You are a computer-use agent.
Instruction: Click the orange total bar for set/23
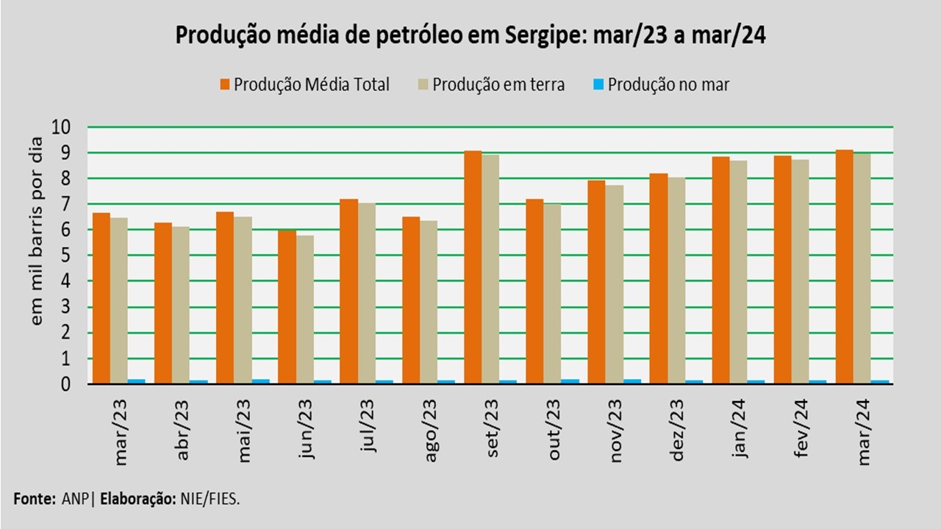click(x=473, y=267)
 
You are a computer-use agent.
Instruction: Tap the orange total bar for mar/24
click(x=844, y=267)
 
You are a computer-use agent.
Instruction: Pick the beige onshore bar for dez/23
click(x=676, y=281)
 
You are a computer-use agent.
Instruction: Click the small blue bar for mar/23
click(x=137, y=381)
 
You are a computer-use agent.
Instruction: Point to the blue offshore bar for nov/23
click(x=631, y=381)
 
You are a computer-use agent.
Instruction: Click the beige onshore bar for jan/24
click(x=738, y=272)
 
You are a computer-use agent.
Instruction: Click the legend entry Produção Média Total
click(x=311, y=84)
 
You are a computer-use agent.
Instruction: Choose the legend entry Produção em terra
click(x=498, y=84)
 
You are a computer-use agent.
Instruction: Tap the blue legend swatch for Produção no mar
click(x=598, y=84)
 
